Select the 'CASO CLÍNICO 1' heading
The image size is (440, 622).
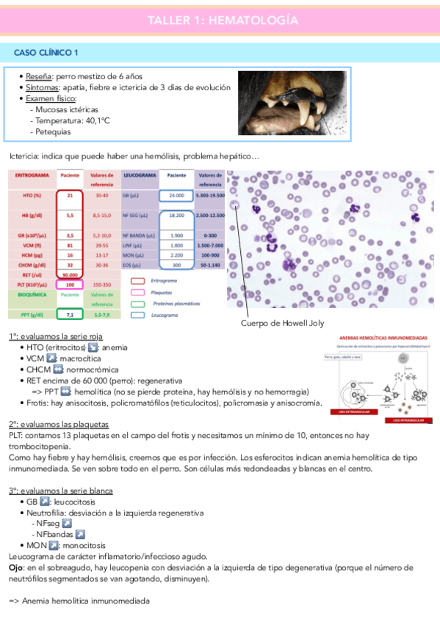48,53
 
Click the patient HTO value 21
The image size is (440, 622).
70,196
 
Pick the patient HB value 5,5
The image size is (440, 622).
70,216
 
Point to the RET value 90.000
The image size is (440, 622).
70,275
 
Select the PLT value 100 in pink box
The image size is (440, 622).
70,284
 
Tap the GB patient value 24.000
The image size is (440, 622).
176,196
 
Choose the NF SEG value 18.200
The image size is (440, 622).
176,216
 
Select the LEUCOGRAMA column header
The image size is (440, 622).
137,176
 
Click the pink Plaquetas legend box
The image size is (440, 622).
137,291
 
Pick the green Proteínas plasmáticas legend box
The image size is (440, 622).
137,303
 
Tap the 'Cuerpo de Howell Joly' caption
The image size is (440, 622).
282,323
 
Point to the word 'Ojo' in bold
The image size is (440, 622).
16,568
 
